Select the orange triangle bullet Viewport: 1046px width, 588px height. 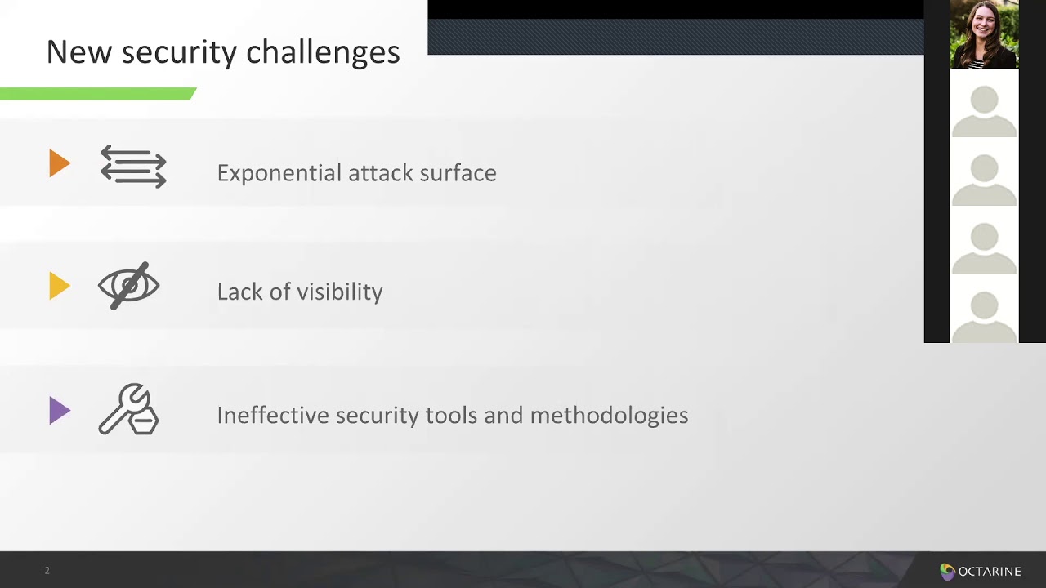coord(59,163)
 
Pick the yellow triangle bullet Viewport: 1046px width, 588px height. coord(59,287)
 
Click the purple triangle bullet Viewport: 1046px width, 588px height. coord(59,410)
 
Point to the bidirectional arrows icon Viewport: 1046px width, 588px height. coord(133,166)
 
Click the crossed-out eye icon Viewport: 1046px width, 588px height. coord(129,286)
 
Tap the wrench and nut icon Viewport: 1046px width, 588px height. coord(129,409)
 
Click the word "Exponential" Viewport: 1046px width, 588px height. coord(279,173)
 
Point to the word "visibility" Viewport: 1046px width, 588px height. coord(340,292)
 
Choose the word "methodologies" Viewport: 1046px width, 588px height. coord(609,416)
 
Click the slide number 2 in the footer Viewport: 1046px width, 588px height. coord(47,571)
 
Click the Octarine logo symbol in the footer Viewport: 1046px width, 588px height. coord(947,572)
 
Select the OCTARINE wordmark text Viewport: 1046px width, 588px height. coord(990,572)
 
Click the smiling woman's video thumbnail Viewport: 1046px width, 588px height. coord(984,34)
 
